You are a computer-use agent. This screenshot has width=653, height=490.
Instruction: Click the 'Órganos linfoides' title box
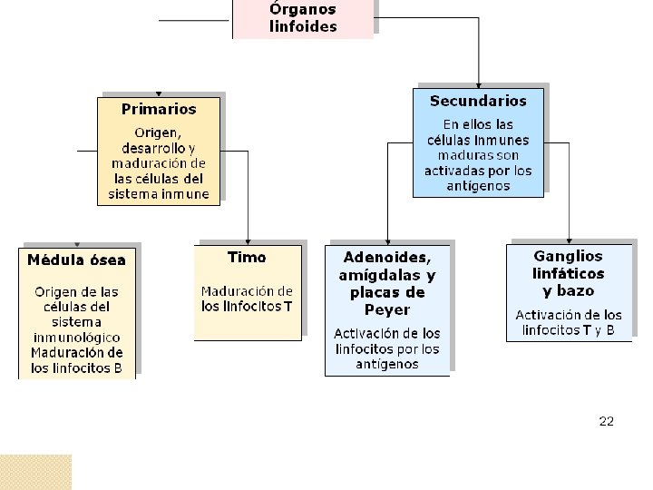click(x=302, y=18)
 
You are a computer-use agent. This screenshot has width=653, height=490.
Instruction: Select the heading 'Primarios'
click(x=159, y=109)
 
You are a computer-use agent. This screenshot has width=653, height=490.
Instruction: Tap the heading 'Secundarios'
click(x=478, y=101)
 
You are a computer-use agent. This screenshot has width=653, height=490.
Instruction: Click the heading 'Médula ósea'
click(x=76, y=260)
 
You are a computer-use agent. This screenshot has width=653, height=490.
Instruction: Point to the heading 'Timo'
click(x=247, y=257)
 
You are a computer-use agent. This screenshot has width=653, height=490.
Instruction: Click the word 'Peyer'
click(x=387, y=309)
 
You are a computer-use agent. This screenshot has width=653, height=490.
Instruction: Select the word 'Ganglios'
click(x=568, y=256)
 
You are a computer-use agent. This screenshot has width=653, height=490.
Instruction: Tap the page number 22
click(x=607, y=421)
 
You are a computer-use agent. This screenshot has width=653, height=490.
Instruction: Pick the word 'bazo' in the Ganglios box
click(x=576, y=291)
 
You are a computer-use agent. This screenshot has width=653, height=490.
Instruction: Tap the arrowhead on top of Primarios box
click(x=159, y=92)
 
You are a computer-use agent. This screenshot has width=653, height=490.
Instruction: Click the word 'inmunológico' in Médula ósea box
click(x=76, y=337)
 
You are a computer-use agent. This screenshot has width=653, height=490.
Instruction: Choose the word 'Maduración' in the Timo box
click(x=247, y=291)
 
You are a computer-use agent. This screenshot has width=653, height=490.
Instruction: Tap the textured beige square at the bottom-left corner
click(x=35, y=472)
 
